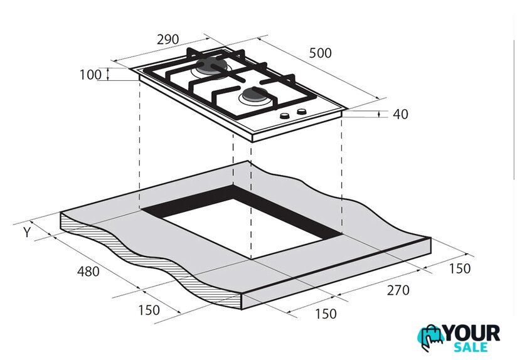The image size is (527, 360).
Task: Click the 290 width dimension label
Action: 168,40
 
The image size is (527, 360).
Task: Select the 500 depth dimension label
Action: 320,53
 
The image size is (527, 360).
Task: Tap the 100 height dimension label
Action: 90,75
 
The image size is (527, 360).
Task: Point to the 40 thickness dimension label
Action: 401,114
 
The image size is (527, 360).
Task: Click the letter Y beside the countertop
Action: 28,232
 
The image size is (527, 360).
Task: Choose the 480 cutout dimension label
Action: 88,272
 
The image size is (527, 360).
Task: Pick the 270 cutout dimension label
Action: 398,290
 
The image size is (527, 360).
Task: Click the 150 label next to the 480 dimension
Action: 149,310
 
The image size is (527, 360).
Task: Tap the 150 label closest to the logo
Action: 460,268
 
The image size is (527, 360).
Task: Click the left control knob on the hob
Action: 285,116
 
